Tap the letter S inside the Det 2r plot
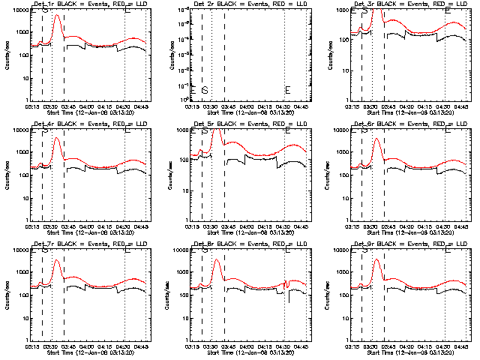point(204,91)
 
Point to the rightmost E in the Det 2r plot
point(287,91)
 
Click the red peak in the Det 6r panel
point(377,139)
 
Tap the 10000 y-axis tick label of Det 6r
point(340,130)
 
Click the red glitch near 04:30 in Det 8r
point(286,283)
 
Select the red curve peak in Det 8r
point(217,260)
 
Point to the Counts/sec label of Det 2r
point(171,55)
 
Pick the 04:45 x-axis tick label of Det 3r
point(462,106)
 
